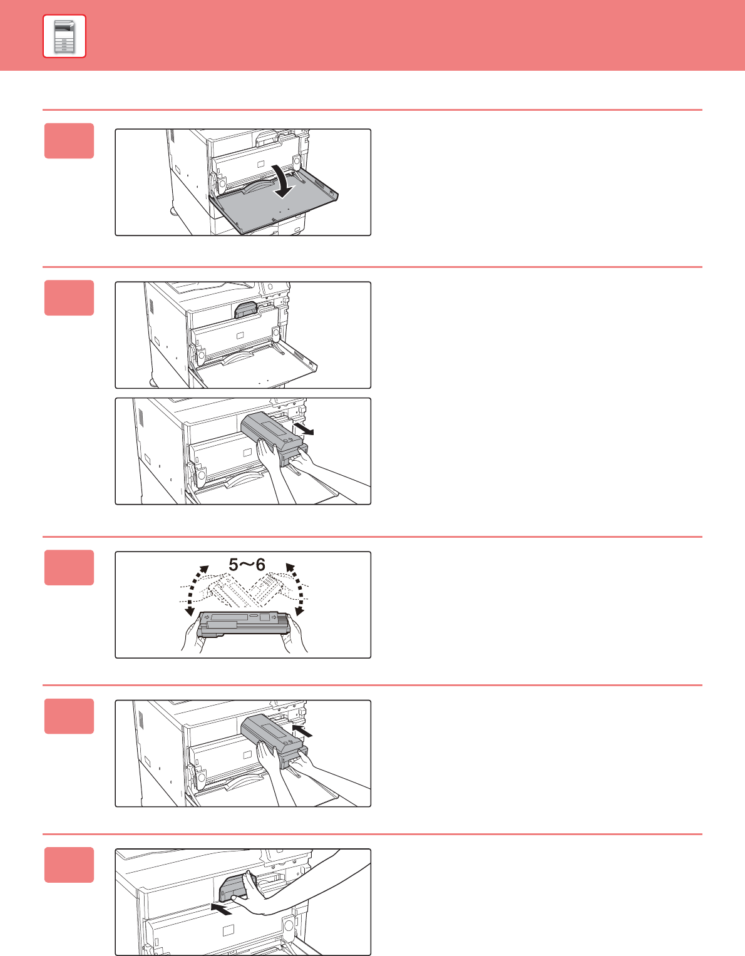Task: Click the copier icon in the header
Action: click(64, 36)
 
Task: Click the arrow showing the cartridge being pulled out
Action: click(304, 428)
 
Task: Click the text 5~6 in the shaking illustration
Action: click(247, 565)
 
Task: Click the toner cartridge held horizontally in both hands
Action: click(243, 624)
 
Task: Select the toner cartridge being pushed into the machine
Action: click(274, 741)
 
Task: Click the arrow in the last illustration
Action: click(221, 909)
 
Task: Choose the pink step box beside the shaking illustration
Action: click(69, 568)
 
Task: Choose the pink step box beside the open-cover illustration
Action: click(69, 141)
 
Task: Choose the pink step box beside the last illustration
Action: click(69, 865)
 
